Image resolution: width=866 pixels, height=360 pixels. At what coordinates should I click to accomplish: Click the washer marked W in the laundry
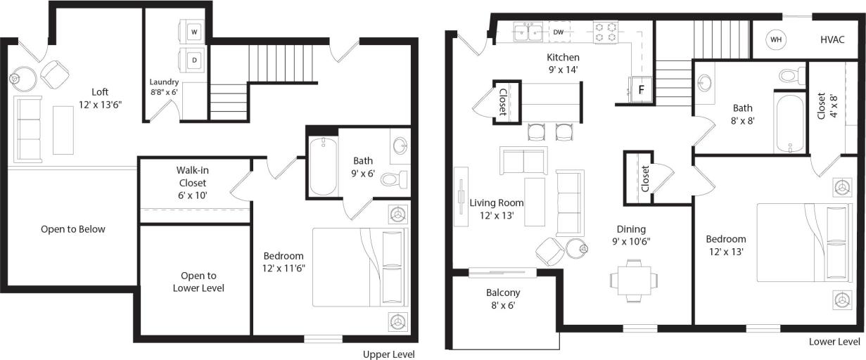coord(194,32)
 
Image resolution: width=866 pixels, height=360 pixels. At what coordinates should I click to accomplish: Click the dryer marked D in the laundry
coord(194,60)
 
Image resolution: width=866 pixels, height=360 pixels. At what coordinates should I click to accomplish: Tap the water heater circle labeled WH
coord(776,39)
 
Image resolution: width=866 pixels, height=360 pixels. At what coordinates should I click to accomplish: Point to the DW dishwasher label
coord(559,32)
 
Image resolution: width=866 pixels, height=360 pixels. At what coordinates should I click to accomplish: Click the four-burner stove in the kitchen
coord(606,32)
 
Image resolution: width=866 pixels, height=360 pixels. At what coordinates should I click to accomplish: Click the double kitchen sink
coord(527,32)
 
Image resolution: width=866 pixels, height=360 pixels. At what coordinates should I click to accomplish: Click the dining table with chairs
coord(635,279)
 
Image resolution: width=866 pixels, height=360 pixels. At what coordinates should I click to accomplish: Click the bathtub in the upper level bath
coord(324,166)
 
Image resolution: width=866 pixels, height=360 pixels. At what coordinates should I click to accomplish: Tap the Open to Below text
coord(73,229)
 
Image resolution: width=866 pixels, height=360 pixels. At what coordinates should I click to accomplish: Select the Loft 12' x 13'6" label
coord(100,98)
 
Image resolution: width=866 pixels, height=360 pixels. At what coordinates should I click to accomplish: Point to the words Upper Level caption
coord(388,354)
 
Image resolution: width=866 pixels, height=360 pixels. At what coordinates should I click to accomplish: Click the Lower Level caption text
coord(834,342)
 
